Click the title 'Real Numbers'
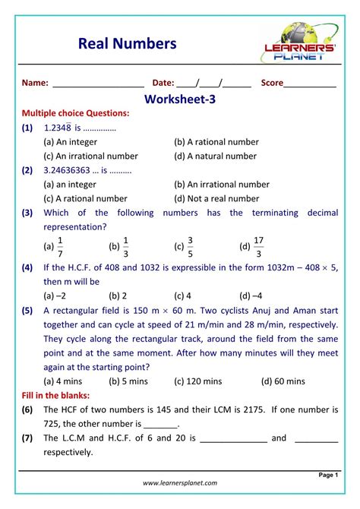(x=127, y=43)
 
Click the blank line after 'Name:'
(x=98, y=84)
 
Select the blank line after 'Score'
(x=310, y=84)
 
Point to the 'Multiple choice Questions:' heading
(x=75, y=113)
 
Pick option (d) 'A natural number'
(x=215, y=156)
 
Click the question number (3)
(x=27, y=213)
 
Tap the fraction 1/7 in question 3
(x=60, y=246)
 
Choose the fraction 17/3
(x=258, y=246)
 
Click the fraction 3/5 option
(x=191, y=246)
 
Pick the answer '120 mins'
(x=197, y=381)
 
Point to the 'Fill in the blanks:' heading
(x=55, y=396)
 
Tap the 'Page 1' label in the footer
(x=328, y=475)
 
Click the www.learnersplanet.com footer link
(x=180, y=483)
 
